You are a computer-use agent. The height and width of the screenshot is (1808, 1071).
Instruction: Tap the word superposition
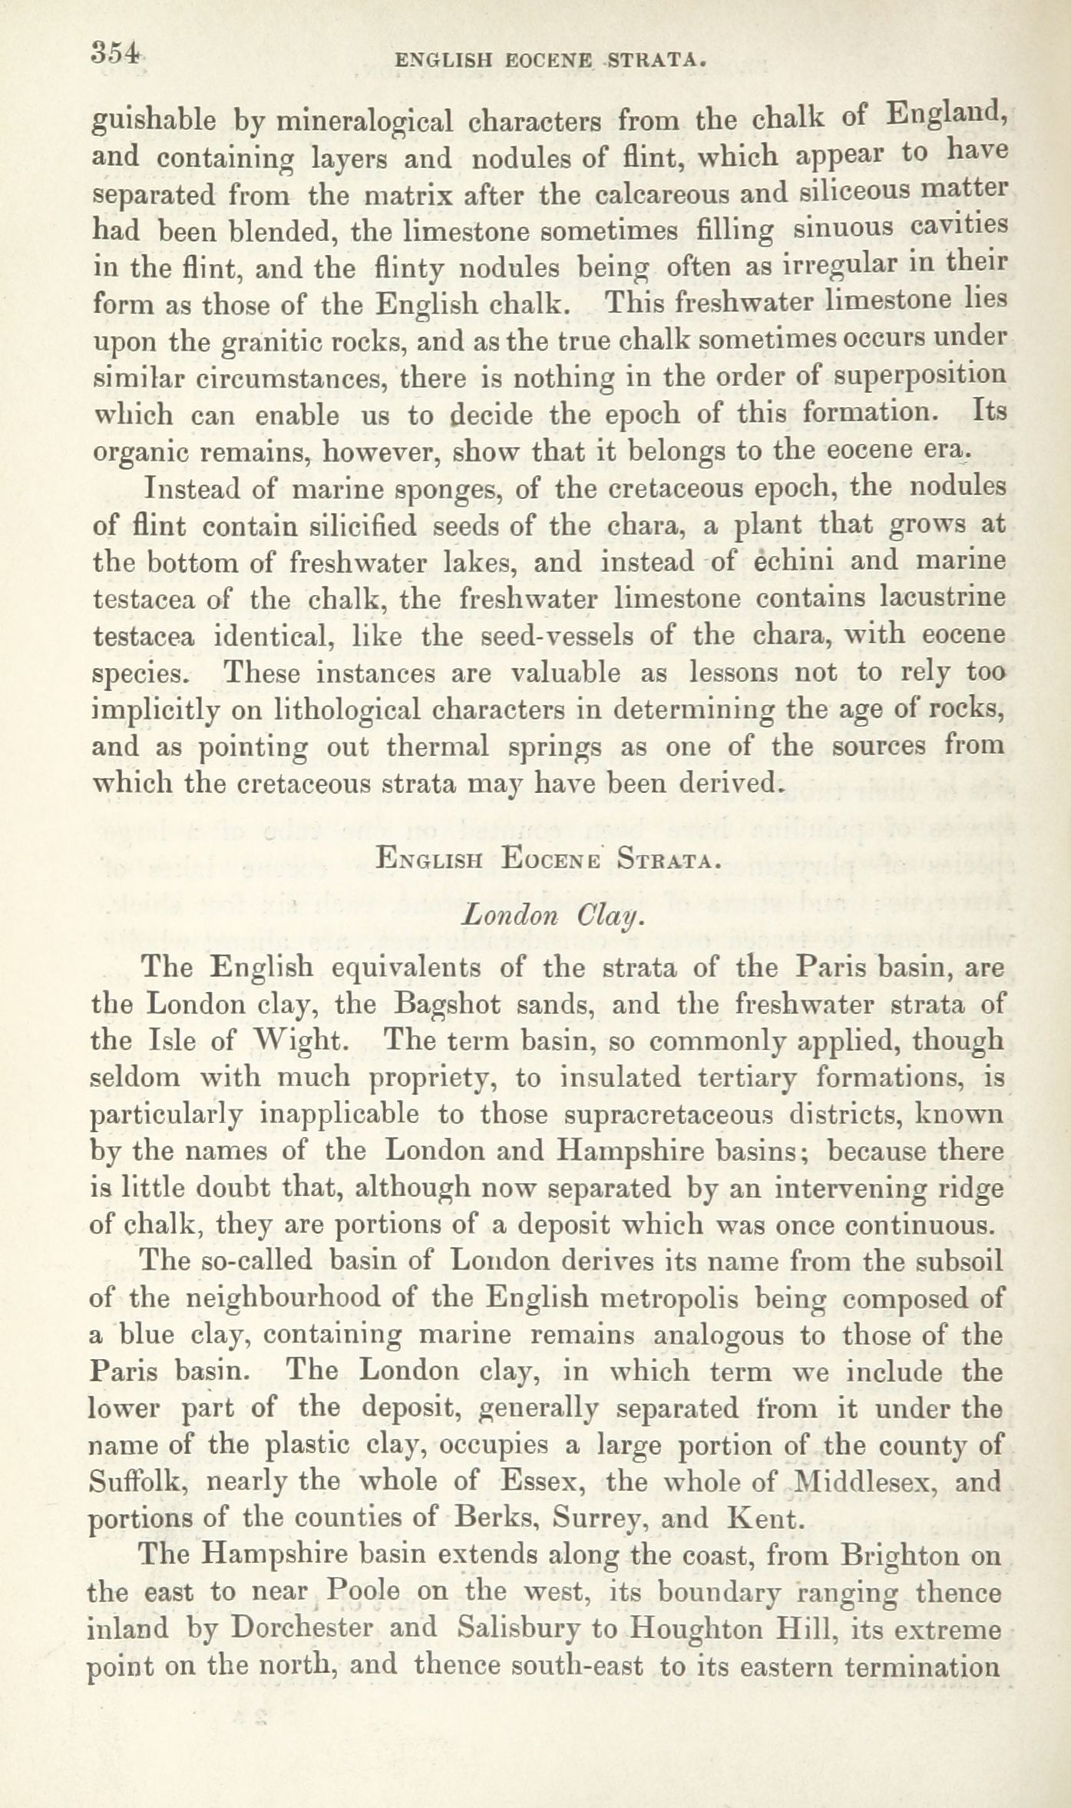[919, 378]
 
